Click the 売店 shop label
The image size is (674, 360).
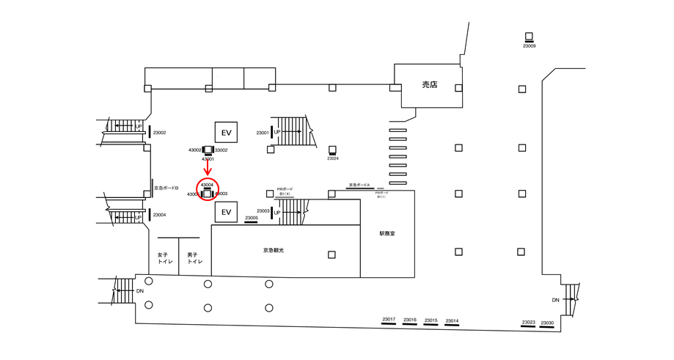[x=429, y=85]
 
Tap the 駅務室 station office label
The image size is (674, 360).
[x=388, y=234]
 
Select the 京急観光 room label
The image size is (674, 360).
[x=274, y=251]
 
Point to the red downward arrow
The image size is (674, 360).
[x=208, y=169]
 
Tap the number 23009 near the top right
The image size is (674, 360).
[x=529, y=46]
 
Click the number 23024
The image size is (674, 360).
[x=333, y=158]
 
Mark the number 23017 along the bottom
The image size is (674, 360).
[x=389, y=320]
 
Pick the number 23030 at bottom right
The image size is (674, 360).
[x=546, y=323]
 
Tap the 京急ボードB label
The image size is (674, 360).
[x=166, y=188]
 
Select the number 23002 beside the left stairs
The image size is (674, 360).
[x=160, y=133]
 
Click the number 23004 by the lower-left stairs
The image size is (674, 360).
[x=160, y=215]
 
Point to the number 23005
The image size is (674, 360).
[x=252, y=218]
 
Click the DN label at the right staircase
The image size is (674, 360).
[x=556, y=301]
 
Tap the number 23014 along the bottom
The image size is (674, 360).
[x=452, y=320]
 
